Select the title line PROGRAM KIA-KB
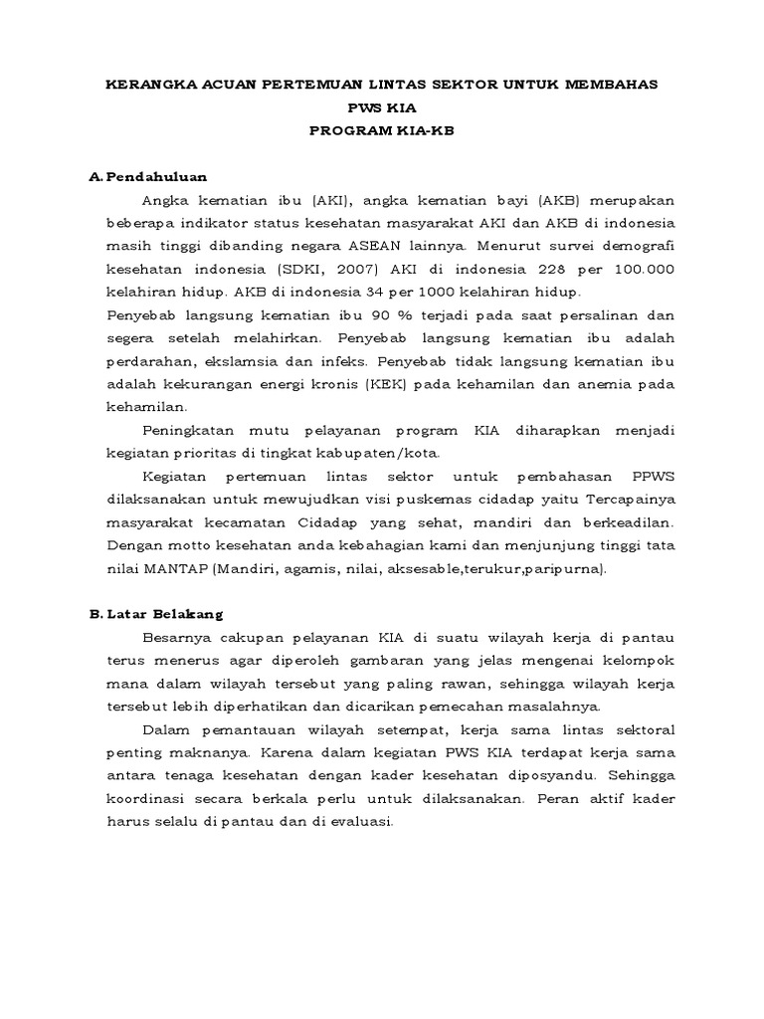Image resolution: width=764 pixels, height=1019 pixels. tap(381, 130)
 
